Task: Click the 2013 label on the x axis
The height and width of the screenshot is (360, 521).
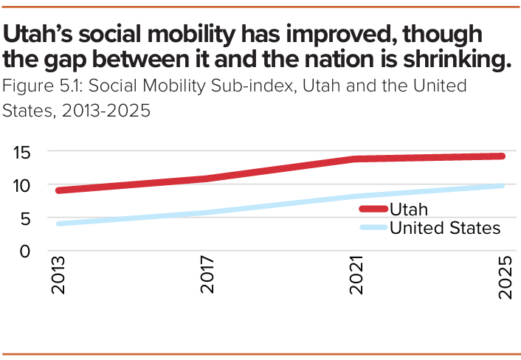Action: tap(59, 277)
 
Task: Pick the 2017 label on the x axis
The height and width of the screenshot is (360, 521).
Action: tap(208, 277)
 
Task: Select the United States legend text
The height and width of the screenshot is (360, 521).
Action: tap(444, 228)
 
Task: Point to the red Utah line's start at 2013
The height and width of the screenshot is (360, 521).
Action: tap(59, 190)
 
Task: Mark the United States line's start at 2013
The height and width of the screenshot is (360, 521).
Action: tap(59, 224)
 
